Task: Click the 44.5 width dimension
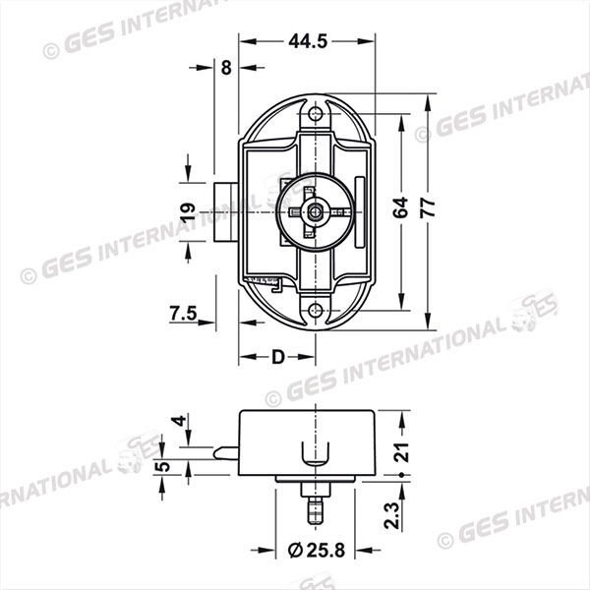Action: click(x=308, y=40)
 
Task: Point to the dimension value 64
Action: click(x=400, y=207)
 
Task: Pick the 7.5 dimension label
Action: click(x=183, y=314)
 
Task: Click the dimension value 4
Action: click(x=177, y=421)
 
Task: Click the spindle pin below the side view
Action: click(x=313, y=508)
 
